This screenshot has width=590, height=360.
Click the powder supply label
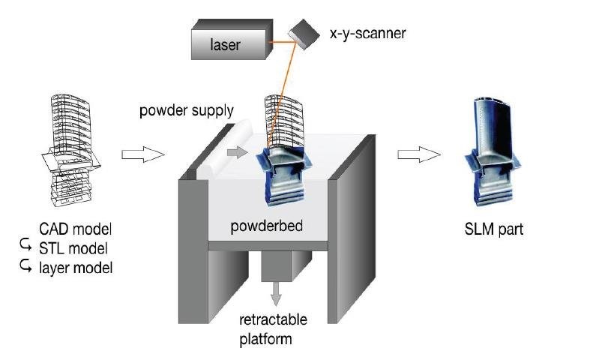[187, 111]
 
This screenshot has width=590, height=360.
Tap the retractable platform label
[273, 329]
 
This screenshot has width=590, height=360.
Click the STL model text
[75, 247]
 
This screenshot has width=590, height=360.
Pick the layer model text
[75, 265]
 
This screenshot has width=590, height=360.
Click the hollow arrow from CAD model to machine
[142, 154]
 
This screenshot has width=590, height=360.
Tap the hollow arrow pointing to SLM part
[418, 154]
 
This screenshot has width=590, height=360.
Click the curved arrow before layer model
[25, 265]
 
